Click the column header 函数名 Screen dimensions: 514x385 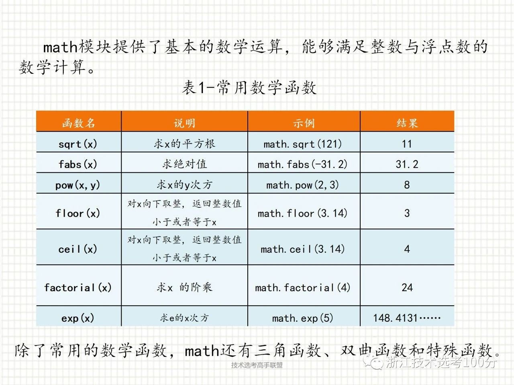point(78,123)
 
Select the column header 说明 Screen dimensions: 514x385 point(185,123)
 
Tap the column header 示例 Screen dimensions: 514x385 point(304,123)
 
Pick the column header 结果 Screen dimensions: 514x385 point(407,123)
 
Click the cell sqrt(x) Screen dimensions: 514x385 point(78,144)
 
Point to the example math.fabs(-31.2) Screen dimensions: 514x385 point(302,164)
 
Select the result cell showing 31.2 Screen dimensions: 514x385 point(407,164)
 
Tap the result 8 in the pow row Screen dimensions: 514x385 point(407,185)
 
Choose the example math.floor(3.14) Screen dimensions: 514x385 point(302,213)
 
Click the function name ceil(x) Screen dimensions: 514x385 point(78,249)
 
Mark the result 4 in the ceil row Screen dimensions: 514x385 point(407,249)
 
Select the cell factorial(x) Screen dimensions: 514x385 point(78,288)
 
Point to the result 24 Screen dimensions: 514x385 point(407,288)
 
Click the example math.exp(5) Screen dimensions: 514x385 point(302,318)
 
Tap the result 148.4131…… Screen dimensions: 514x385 point(407,318)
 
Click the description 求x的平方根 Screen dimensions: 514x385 point(185,144)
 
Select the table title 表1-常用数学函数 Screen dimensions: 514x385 point(249,88)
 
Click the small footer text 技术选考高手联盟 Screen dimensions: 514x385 point(257,365)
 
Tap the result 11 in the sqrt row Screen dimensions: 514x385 point(407,144)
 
